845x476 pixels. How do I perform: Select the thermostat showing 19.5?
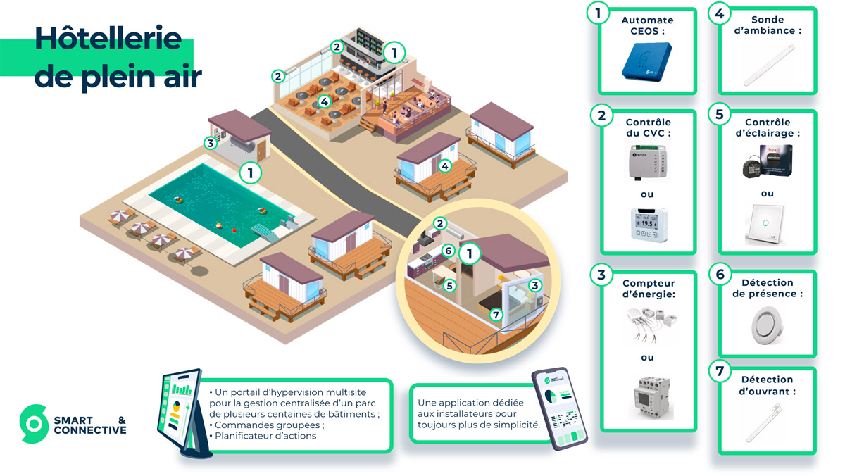point(648,225)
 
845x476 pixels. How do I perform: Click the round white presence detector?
point(767,326)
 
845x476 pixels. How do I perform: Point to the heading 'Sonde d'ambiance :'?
point(767,25)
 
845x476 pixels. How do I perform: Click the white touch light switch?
point(767,225)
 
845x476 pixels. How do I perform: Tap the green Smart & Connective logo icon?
point(33,424)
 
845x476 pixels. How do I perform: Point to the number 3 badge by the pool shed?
point(210,143)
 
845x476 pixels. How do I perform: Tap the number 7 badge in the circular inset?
point(496,315)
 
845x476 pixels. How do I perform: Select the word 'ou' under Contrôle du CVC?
point(647,195)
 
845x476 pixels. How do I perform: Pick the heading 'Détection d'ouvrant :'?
point(767,385)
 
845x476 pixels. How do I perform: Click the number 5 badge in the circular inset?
point(449,285)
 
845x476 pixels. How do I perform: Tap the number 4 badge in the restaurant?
point(324,101)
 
